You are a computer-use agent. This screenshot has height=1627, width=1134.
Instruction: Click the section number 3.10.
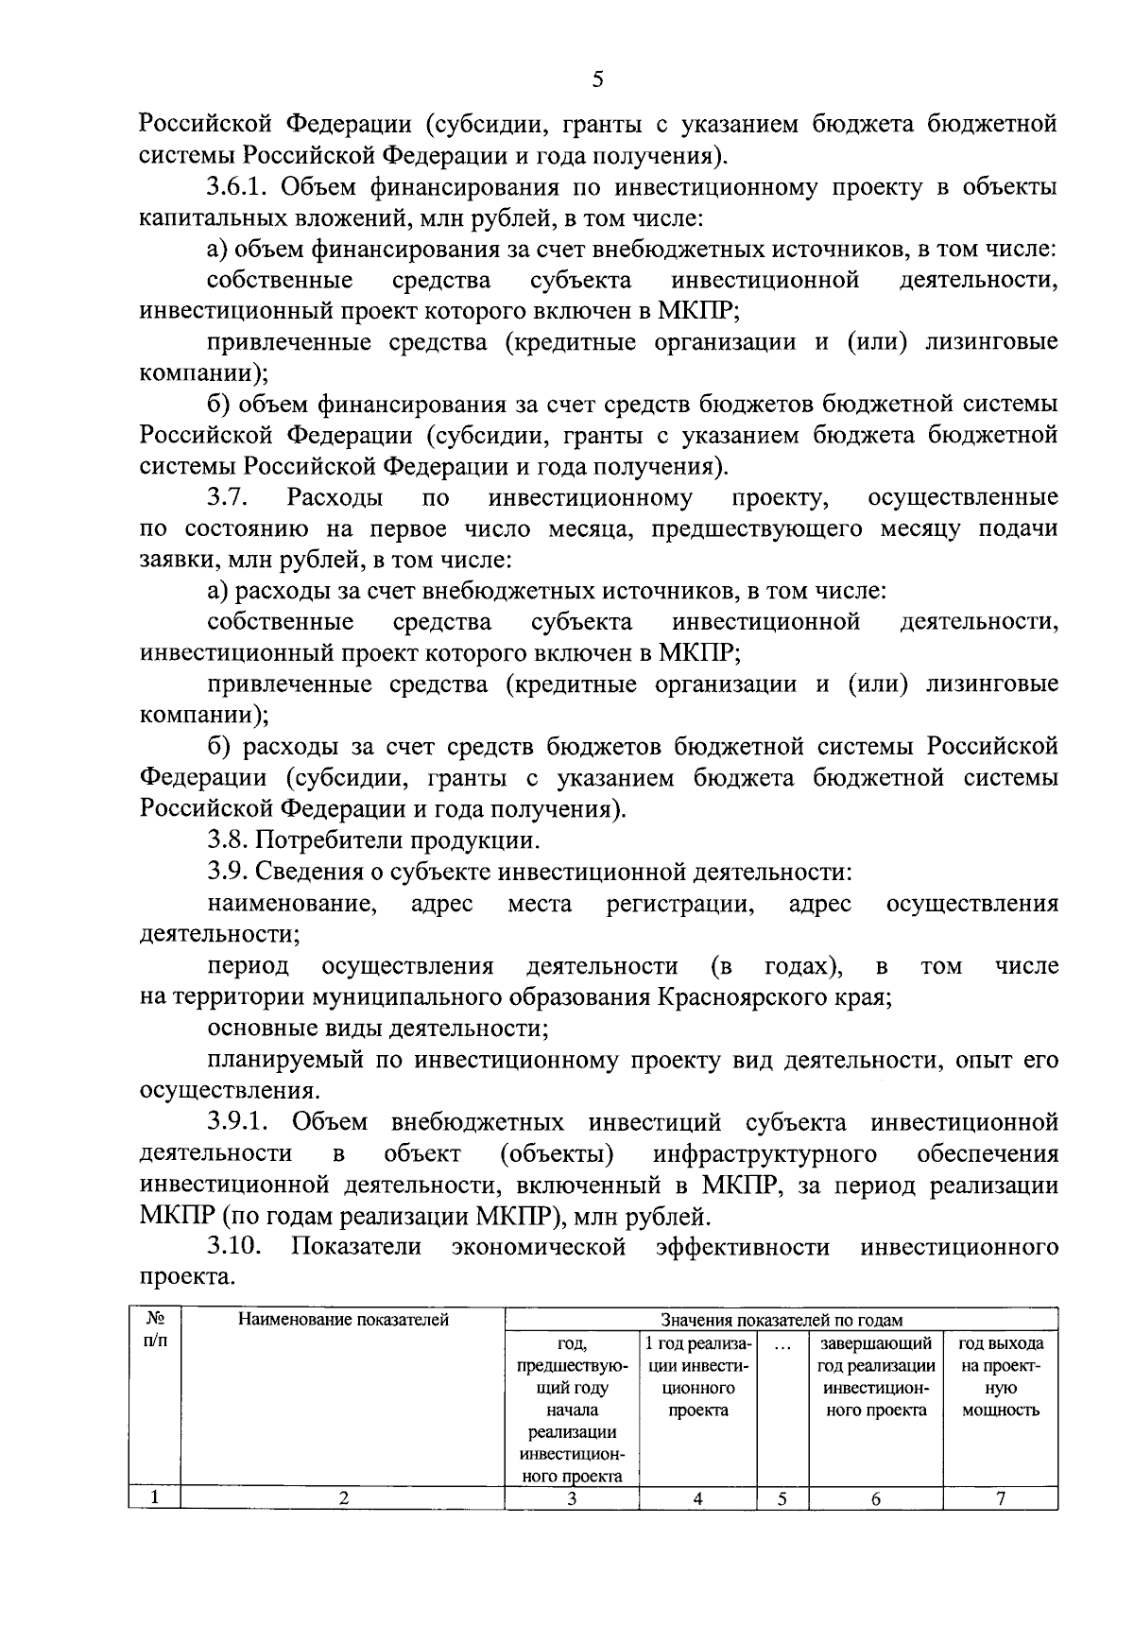(x=234, y=1247)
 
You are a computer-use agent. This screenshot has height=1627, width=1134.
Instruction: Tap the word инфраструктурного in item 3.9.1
(x=765, y=1153)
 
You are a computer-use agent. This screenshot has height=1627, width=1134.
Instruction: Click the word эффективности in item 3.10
(x=743, y=1247)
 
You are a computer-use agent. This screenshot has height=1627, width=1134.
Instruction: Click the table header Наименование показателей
(x=342, y=1320)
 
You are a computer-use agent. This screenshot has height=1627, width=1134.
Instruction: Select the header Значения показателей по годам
(x=782, y=1320)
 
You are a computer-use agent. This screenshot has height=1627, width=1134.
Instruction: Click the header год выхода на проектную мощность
(x=1001, y=1376)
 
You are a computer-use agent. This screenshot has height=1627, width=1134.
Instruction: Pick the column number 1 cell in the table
(x=155, y=1497)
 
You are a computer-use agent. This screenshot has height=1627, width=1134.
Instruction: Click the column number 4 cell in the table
(x=697, y=1497)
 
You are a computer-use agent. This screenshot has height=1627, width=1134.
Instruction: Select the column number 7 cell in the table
(x=1001, y=1497)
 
